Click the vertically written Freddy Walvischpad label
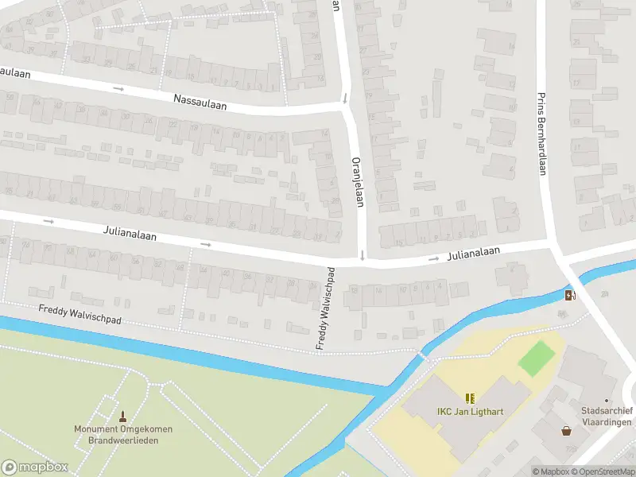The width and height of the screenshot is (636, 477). point(326,308)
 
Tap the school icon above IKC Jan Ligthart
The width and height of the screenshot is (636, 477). point(470,397)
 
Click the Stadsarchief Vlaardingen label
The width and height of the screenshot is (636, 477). point(606,416)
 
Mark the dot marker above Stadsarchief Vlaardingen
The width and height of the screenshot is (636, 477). point(606,401)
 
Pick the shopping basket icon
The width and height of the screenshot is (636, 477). point(567,431)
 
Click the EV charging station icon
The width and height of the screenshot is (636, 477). point(569,297)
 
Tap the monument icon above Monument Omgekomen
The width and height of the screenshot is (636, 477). point(123,416)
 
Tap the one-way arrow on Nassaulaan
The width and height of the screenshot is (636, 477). point(118,88)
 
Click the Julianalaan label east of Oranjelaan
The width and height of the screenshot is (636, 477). point(474,252)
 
